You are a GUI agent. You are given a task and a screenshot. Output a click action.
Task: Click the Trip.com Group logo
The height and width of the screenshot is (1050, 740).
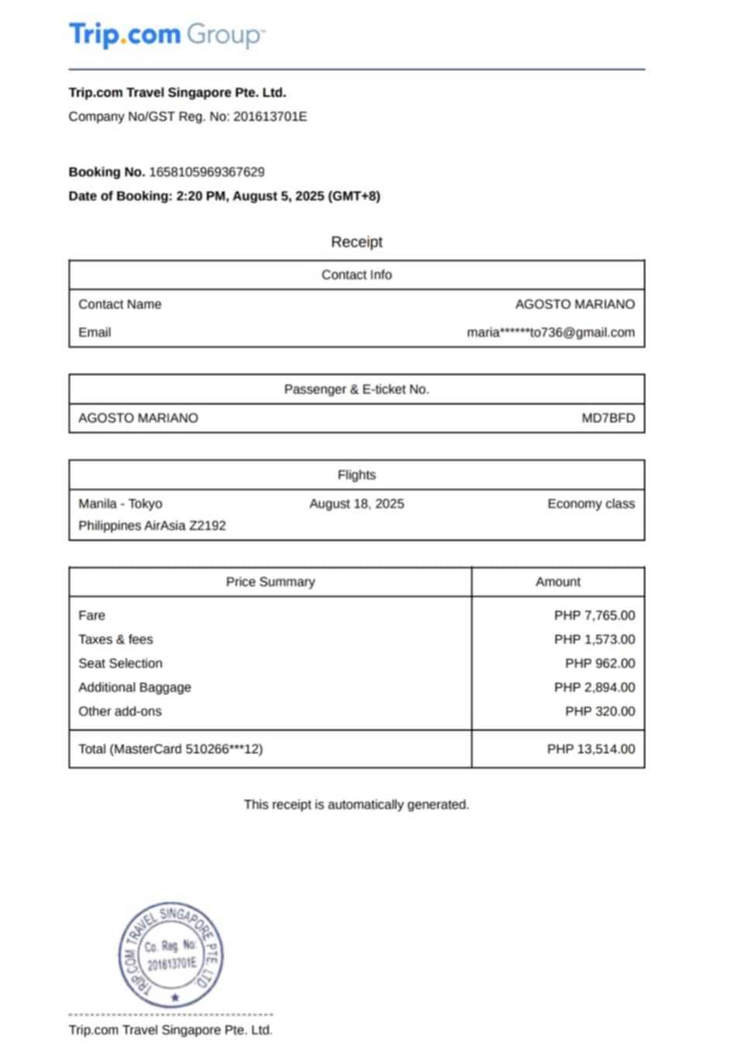(167, 35)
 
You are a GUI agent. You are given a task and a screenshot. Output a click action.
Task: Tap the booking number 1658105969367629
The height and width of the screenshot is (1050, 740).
(207, 172)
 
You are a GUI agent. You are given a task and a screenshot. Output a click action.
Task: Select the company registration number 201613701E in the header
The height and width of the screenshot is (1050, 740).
(270, 117)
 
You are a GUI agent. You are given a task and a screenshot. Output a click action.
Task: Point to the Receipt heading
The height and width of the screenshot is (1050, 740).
(356, 242)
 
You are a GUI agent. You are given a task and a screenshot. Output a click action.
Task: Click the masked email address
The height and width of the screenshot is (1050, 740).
(550, 332)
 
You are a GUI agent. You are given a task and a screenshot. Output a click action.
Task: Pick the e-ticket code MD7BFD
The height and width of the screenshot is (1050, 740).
(607, 418)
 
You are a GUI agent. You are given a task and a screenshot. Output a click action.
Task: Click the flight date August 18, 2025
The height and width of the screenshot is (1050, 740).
(356, 504)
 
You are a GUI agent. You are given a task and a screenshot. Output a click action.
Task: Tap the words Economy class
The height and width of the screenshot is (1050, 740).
(590, 504)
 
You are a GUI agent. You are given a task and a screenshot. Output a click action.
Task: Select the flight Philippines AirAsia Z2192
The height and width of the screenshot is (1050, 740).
(152, 526)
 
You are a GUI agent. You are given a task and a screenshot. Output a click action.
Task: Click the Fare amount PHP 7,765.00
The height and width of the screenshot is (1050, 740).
(594, 616)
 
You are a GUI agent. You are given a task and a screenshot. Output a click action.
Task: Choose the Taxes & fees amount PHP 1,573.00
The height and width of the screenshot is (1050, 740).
(594, 640)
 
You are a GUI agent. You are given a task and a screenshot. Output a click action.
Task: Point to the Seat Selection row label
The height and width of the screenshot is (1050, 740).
(120, 664)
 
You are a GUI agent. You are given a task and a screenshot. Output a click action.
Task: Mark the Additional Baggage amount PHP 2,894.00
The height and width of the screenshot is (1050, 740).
(594, 688)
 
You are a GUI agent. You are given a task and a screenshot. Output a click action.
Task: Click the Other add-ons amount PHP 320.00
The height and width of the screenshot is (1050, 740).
(599, 712)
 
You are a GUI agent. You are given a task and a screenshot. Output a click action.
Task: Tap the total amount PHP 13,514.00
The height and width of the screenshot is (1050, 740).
(590, 750)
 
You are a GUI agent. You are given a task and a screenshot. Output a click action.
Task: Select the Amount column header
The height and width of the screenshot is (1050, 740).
(557, 582)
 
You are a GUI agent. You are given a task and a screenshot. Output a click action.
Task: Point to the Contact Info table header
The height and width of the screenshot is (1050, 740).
(356, 275)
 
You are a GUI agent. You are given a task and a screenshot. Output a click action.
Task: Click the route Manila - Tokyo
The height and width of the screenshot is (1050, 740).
(120, 504)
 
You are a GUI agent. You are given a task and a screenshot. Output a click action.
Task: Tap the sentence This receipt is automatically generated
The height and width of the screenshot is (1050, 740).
(356, 805)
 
